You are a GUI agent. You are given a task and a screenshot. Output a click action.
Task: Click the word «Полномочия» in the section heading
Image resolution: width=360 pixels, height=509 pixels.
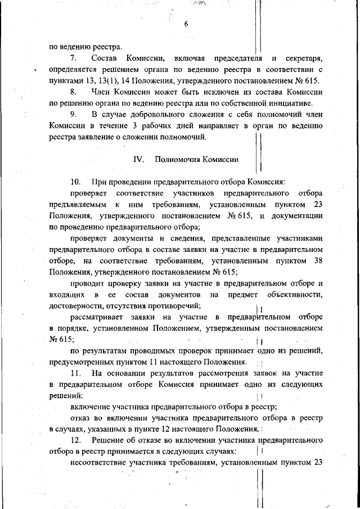tap(176, 160)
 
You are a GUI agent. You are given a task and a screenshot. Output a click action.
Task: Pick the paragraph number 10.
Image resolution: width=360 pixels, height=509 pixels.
tap(75, 182)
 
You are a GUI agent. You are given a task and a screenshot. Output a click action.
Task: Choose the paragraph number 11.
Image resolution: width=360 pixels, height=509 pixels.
tap(75, 373)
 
